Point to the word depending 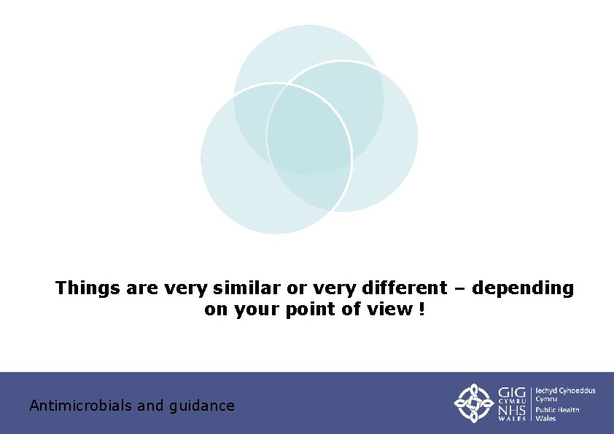pyautogui.click(x=523, y=289)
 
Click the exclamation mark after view pyautogui.click(x=421, y=309)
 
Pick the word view pyautogui.click(x=392, y=309)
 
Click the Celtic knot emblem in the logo pyautogui.click(x=473, y=403)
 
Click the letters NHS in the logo pyautogui.click(x=513, y=411)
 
